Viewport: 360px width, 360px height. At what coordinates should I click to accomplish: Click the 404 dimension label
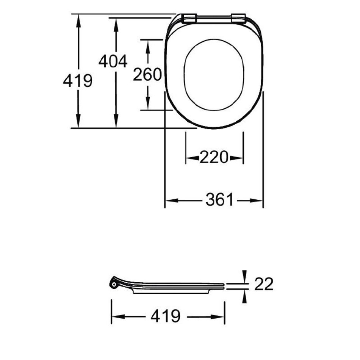pyautogui.click(x=113, y=61)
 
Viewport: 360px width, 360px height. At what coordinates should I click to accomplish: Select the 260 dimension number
pyautogui.click(x=147, y=74)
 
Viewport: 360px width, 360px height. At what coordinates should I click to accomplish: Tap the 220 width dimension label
pyautogui.click(x=214, y=157)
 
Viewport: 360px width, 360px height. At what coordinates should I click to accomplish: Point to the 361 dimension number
pyautogui.click(x=219, y=199)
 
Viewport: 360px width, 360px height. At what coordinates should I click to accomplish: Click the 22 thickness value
pyautogui.click(x=264, y=284)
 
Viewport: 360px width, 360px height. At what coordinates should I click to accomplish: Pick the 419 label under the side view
pyautogui.click(x=166, y=316)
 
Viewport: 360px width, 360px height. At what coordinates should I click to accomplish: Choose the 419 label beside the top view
pyautogui.click(x=78, y=81)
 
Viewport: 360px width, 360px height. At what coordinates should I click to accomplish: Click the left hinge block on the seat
pyautogui.click(x=189, y=18)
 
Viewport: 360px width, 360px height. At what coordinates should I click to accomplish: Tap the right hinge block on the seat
pyautogui.click(x=238, y=18)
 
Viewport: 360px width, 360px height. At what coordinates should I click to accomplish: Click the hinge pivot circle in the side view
pyautogui.click(x=114, y=285)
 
